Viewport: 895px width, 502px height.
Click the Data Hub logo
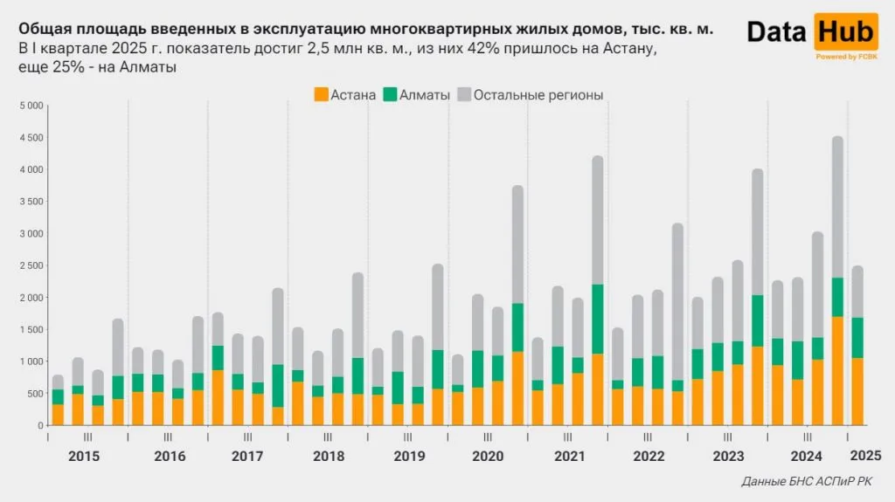812,36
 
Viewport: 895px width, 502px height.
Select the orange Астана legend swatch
321,94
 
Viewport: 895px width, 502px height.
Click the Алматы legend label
424,95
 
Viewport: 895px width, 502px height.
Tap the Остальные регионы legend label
538,95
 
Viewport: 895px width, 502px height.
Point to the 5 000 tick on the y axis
31,106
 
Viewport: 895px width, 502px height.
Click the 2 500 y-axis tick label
31,265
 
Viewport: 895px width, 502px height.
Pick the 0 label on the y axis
39,425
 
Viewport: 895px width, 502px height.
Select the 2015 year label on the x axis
84,456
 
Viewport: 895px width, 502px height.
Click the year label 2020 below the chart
489,456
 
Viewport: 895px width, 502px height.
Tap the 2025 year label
865,455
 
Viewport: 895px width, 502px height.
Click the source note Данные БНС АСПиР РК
806,482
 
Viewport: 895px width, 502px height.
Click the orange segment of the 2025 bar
857,391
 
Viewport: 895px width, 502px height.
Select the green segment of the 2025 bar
857,338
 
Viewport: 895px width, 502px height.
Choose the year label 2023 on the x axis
728,456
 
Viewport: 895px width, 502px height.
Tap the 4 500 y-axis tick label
31,138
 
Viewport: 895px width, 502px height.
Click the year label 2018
328,456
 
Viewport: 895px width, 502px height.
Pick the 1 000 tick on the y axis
31,361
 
